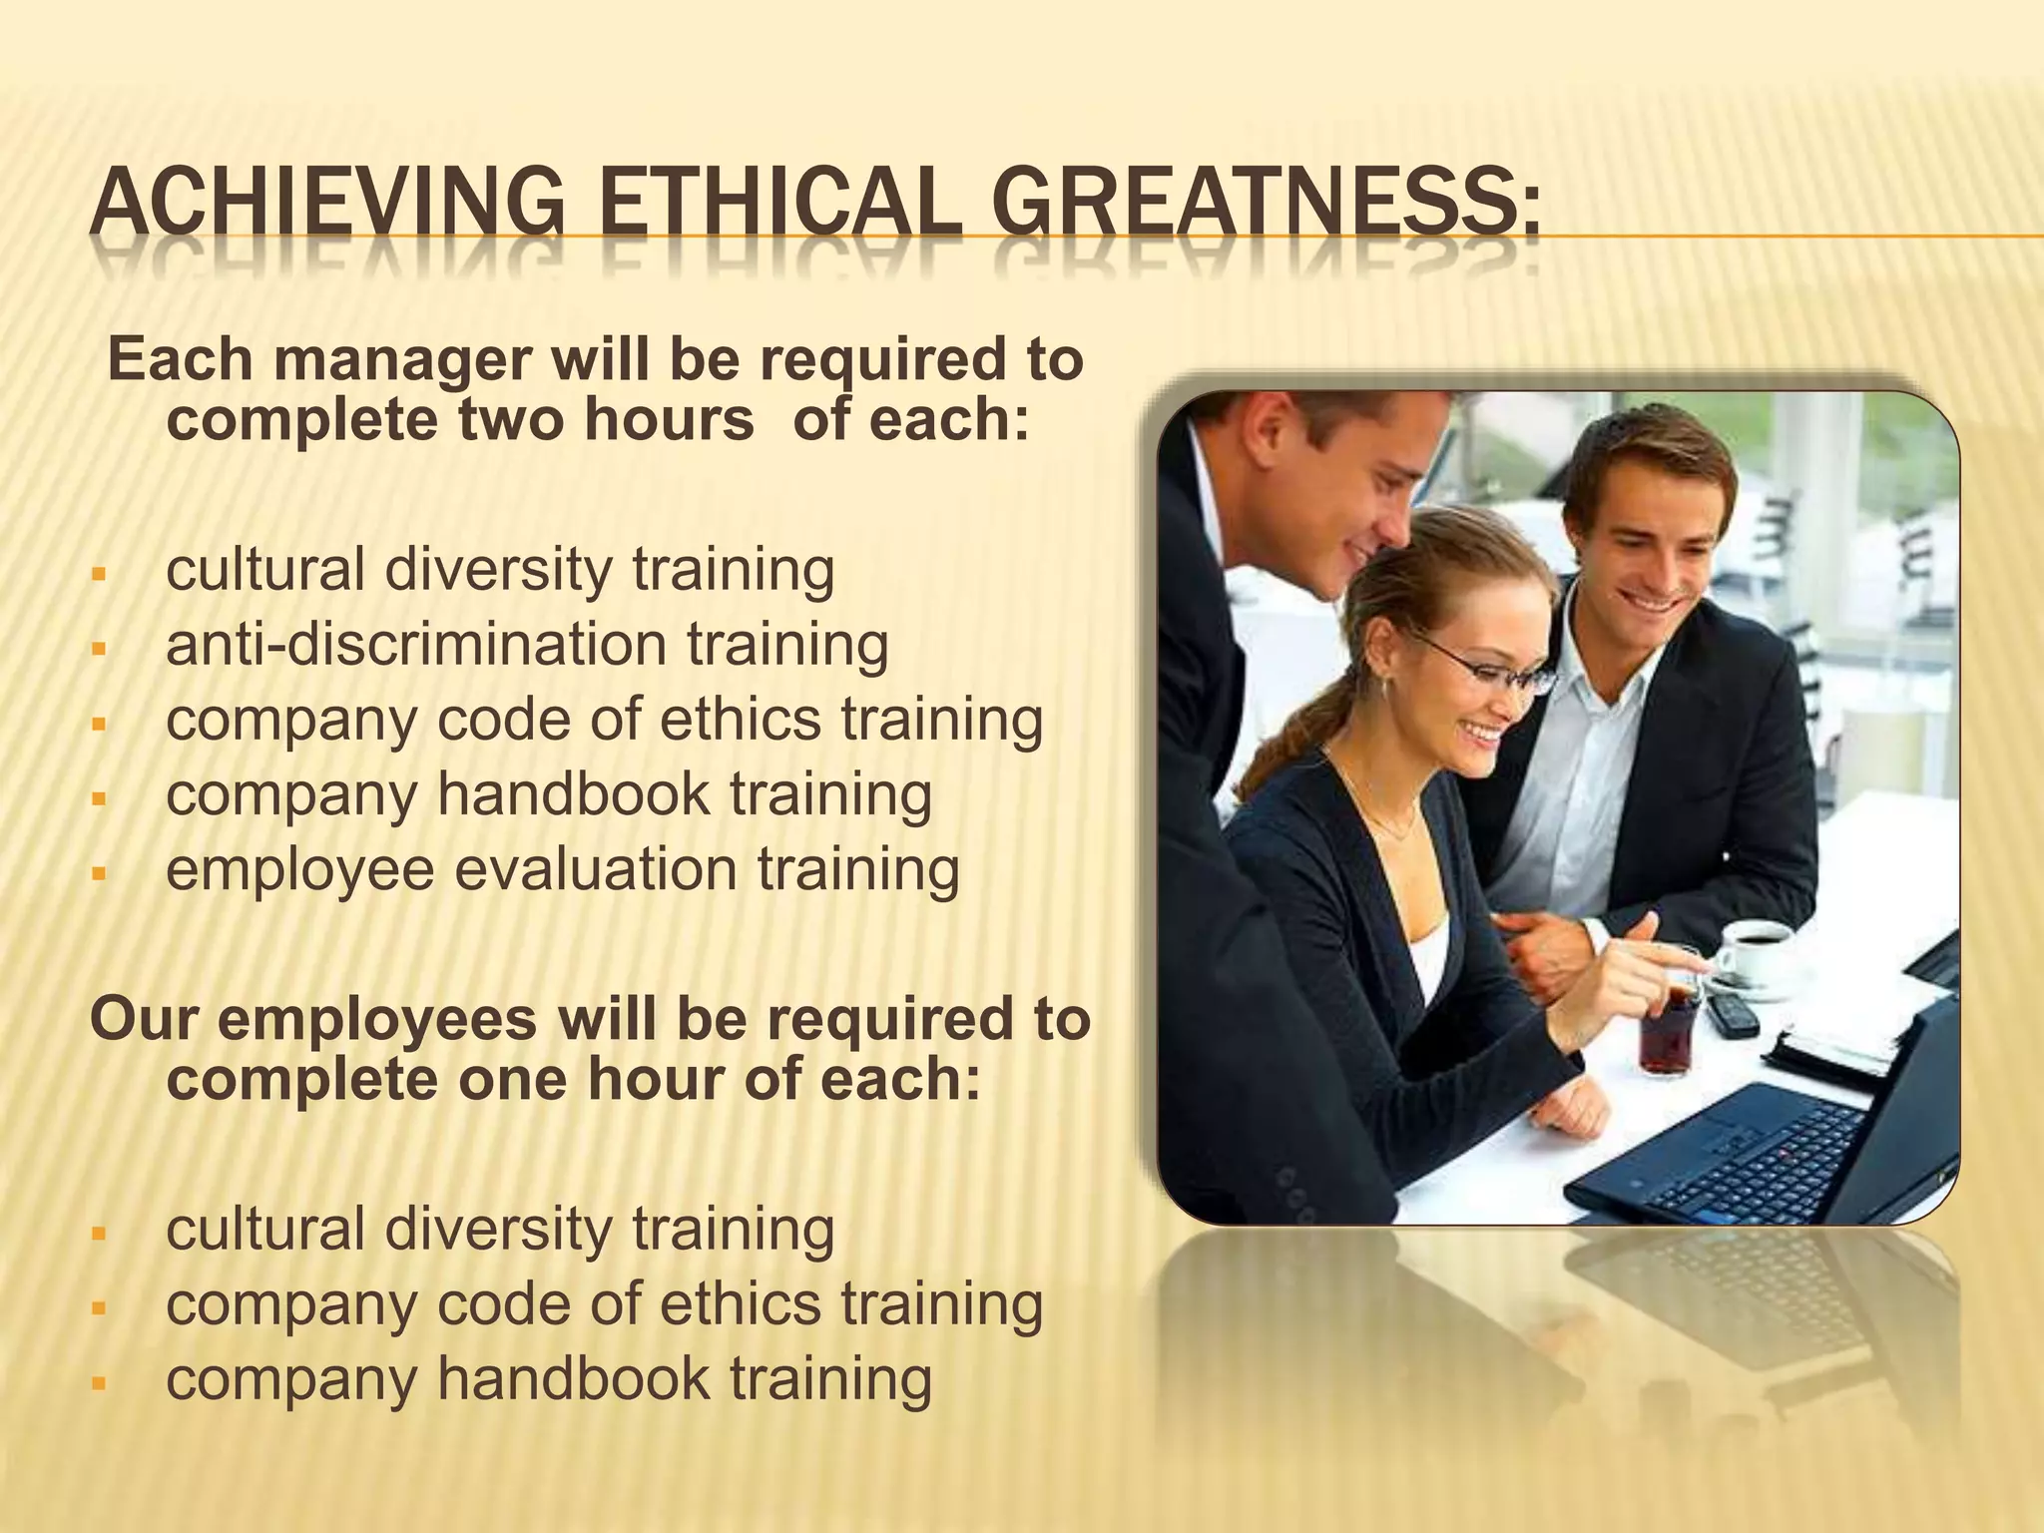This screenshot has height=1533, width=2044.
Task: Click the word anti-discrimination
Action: pyautogui.click(x=415, y=644)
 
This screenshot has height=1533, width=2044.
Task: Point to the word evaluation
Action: pyautogui.click(x=597, y=868)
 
